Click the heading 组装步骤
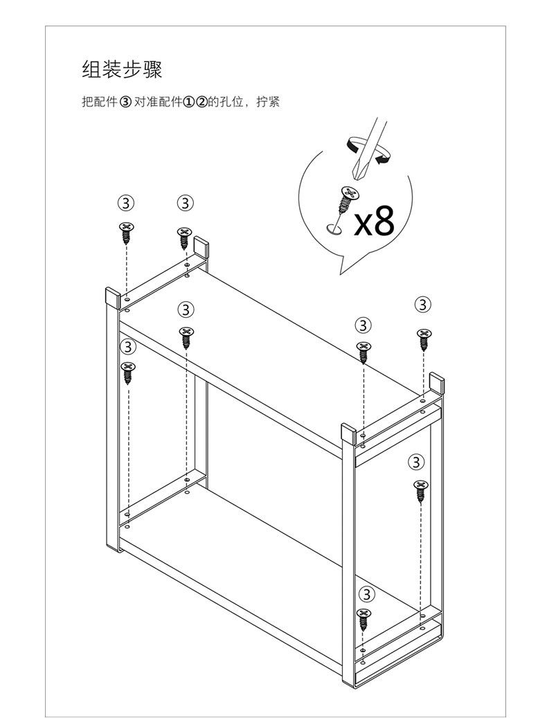tap(122, 71)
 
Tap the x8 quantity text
tap(374, 221)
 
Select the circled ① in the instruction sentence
tap(188, 102)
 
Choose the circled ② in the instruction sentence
tap(201, 102)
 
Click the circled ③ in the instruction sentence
tap(125, 102)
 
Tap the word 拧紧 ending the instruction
tap(269, 102)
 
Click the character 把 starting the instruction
tap(87, 102)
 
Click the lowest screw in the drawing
tap(364, 619)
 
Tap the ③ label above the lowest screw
tap(366, 594)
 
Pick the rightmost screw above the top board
tap(423, 339)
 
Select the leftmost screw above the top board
tap(126, 232)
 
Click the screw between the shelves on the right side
tap(420, 490)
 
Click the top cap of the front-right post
tap(350, 433)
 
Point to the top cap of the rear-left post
tap(201, 246)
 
